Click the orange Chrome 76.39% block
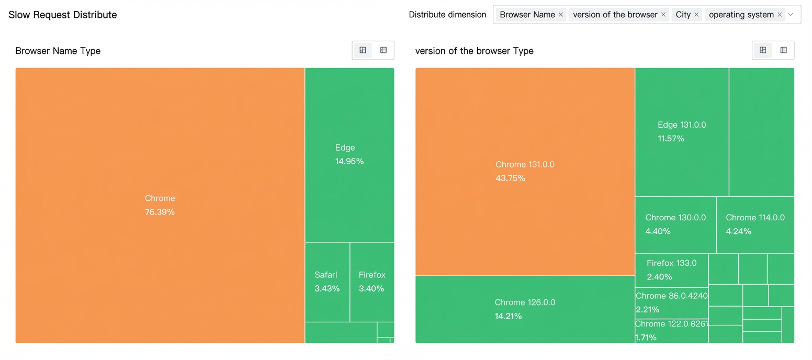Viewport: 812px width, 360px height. click(160, 205)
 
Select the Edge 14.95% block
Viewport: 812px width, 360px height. click(349, 155)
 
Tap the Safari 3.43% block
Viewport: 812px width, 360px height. click(328, 282)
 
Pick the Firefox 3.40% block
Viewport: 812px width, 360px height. click(372, 282)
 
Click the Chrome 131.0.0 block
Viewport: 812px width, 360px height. click(525, 172)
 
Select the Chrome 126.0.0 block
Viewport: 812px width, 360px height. click(525, 309)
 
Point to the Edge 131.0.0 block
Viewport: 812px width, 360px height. click(682, 132)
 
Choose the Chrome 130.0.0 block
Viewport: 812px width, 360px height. click(675, 224)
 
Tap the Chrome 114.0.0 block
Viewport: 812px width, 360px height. click(755, 224)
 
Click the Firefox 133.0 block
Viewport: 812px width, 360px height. click(672, 270)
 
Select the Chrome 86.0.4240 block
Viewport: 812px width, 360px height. click(672, 303)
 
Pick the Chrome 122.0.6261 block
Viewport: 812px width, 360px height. click(672, 331)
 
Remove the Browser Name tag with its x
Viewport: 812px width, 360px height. click(561, 15)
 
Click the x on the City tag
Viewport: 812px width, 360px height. click(696, 15)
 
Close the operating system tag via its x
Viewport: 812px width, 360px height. click(780, 15)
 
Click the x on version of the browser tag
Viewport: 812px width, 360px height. click(663, 15)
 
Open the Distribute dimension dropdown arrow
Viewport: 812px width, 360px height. click(791, 15)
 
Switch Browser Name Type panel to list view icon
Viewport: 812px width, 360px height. click(384, 50)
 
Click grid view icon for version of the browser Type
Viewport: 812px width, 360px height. click(763, 50)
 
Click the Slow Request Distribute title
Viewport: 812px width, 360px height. click(63, 15)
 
